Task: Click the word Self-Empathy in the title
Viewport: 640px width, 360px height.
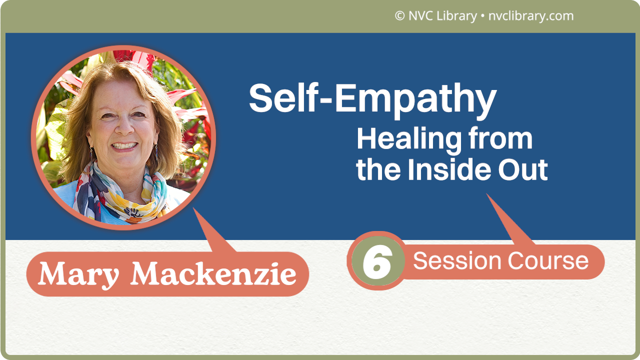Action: click(x=372, y=98)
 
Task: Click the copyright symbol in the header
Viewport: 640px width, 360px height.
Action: click(x=399, y=16)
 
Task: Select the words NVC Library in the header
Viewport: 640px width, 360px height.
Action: click(x=442, y=16)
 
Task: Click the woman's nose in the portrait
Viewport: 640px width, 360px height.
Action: click(x=122, y=130)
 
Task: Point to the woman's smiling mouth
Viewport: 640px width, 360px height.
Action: click(x=123, y=146)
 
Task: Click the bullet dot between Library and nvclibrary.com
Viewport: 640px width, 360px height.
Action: click(x=482, y=16)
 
